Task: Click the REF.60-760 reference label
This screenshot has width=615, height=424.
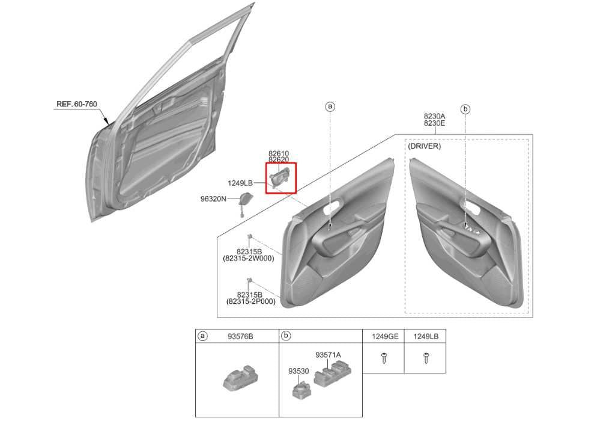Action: (76, 104)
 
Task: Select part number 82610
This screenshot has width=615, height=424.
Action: (279, 153)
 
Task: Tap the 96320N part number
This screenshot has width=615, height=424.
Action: (213, 199)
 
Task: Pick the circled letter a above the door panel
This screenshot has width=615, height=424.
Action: (330, 106)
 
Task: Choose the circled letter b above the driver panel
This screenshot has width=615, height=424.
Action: (465, 109)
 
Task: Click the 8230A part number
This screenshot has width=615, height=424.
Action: (434, 116)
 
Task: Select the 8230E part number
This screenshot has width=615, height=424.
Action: (434, 123)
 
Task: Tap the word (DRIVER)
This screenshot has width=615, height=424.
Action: (425, 146)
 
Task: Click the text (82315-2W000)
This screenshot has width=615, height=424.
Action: (249, 259)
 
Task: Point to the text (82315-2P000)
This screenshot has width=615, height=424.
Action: (250, 301)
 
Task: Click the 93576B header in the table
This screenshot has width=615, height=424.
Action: (240, 336)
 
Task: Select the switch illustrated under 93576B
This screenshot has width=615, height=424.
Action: (240, 378)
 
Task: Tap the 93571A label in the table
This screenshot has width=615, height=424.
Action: (329, 355)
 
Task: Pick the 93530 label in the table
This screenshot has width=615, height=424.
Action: (298, 371)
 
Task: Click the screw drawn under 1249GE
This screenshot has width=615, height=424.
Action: (384, 358)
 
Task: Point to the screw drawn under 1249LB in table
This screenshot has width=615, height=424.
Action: (426, 358)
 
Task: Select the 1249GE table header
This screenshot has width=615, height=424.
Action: (385, 336)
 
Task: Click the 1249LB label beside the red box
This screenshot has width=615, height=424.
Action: (240, 183)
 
